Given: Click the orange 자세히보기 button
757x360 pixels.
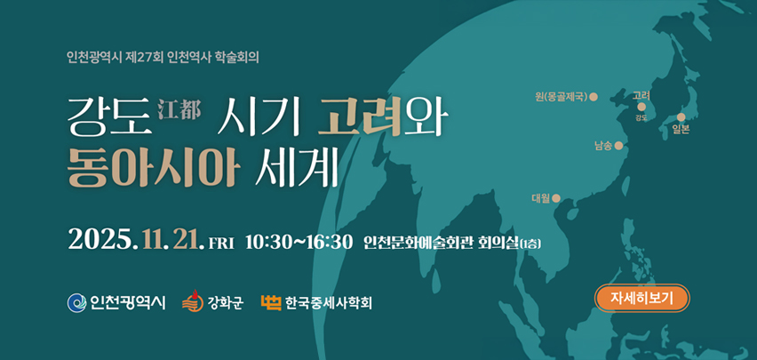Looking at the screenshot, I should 642,299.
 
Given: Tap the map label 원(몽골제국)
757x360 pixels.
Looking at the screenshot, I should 562,97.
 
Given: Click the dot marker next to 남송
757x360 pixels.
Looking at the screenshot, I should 618,146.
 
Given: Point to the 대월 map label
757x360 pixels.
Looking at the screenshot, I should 540,198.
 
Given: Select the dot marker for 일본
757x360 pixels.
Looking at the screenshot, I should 681,117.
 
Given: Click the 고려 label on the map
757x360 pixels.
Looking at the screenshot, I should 641,95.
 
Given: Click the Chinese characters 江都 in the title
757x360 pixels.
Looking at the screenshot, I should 179,109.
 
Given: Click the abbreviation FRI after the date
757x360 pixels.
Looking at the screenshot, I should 219,244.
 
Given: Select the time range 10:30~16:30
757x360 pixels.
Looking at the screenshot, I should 299,242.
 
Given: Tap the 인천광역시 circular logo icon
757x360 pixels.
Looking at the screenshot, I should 76,303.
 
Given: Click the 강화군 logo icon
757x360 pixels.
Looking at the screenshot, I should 191,303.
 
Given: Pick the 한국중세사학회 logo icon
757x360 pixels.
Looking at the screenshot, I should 270,303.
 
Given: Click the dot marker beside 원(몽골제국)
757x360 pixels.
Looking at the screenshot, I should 594,97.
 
